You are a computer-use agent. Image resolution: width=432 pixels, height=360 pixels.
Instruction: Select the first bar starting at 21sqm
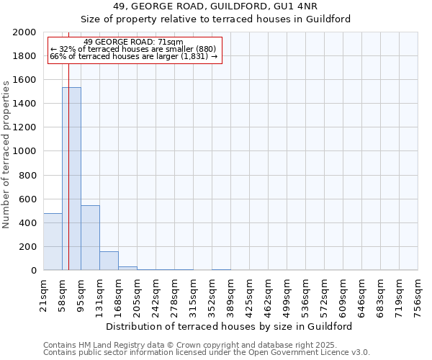pos(53,242)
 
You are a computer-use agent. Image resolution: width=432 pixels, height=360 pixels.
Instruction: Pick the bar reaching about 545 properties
pos(90,238)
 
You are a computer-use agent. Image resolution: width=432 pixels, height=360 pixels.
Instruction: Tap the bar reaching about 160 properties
pos(109,261)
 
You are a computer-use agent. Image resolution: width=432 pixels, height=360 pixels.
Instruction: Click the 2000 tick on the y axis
pos(25,32)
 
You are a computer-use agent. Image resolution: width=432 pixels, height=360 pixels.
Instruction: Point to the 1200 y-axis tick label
pos(25,127)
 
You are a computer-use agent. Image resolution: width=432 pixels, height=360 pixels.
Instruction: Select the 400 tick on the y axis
pos(28,222)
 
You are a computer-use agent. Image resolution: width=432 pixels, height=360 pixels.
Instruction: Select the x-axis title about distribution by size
pos(234,326)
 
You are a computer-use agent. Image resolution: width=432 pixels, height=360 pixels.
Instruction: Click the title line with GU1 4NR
pos(215,6)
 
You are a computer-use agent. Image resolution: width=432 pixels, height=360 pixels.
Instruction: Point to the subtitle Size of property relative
pos(215,19)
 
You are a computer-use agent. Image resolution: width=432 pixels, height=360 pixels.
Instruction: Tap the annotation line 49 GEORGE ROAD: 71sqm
pos(133,42)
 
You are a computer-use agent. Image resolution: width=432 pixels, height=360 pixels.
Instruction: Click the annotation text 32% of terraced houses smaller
pos(133,49)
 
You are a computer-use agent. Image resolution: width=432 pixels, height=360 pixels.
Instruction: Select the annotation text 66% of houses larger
pos(133,56)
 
